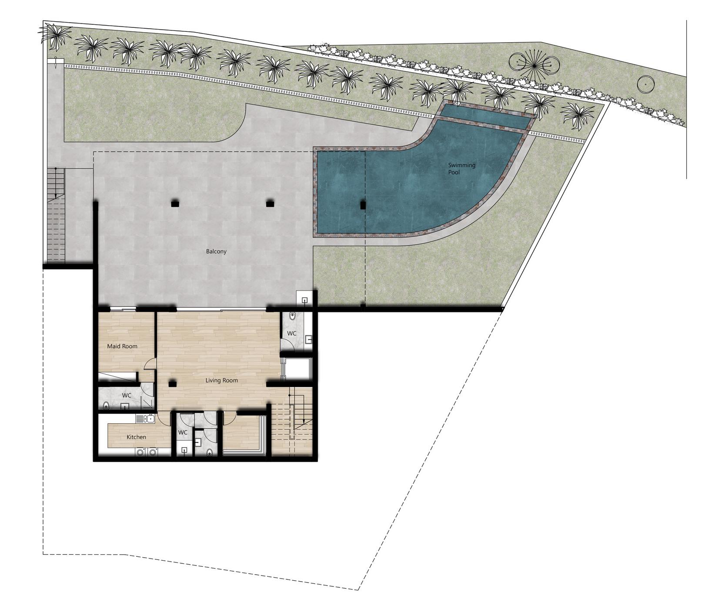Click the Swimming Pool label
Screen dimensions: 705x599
point(461,169)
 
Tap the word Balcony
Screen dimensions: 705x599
point(216,251)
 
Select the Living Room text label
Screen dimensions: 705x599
point(222,380)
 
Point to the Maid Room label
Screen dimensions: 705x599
point(122,346)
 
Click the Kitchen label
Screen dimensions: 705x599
point(136,437)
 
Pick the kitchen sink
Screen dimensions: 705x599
point(145,419)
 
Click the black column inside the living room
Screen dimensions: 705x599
point(172,384)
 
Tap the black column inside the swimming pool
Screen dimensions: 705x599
point(363,205)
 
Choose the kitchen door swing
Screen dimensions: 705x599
point(164,418)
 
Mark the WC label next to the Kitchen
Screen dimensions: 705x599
point(183,432)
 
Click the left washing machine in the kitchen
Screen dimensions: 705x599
point(140,452)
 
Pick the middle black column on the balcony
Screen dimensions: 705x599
point(270,203)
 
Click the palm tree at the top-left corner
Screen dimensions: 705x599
point(55,35)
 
